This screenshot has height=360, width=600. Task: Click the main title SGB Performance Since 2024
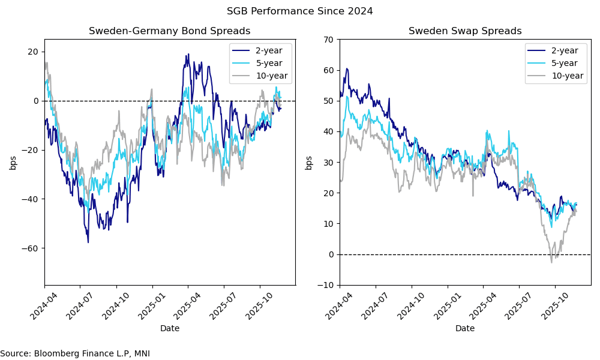(299, 11)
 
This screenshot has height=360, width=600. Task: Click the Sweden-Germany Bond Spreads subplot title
(169, 31)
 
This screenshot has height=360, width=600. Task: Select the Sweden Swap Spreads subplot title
(465, 31)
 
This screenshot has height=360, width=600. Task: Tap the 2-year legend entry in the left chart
(265, 50)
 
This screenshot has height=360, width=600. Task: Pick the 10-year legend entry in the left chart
(268, 76)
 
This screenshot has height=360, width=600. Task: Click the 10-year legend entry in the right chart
(563, 76)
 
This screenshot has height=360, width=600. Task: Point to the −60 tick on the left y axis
(30, 248)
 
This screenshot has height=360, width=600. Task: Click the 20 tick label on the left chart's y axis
(33, 52)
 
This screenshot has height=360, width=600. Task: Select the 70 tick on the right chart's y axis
(329, 40)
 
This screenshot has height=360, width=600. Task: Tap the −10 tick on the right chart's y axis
(326, 285)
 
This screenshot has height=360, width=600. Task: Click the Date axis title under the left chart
(170, 328)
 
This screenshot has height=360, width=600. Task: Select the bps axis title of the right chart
(309, 162)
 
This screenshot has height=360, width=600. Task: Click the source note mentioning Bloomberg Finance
(75, 354)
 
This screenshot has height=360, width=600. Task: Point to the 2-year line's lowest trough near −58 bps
(88, 242)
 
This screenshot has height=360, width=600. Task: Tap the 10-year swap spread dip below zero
(552, 262)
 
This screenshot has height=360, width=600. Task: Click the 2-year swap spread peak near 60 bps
(347, 68)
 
